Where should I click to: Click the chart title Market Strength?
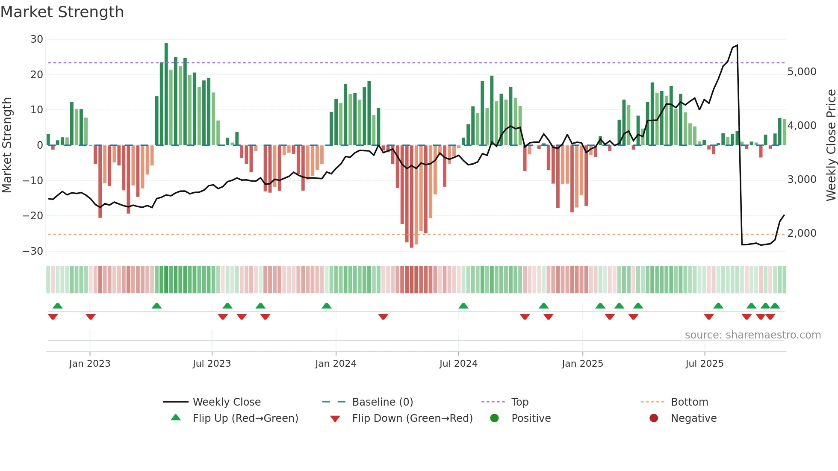(x=62, y=12)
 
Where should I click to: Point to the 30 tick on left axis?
(x=37, y=39)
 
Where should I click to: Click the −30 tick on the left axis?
(x=33, y=251)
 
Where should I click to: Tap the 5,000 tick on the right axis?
(x=802, y=72)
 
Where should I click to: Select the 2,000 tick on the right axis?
(x=802, y=233)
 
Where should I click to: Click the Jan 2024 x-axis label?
(x=336, y=364)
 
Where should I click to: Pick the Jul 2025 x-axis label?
(x=704, y=364)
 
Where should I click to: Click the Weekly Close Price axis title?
(x=831, y=145)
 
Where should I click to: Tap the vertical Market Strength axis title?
(x=7, y=145)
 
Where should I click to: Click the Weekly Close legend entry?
(x=226, y=402)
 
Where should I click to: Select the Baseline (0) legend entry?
(x=382, y=402)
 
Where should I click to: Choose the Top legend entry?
(x=519, y=402)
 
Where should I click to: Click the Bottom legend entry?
(x=689, y=402)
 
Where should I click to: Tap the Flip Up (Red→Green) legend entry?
(x=245, y=418)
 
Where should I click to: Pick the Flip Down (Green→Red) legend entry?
(x=412, y=418)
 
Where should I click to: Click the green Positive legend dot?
(x=495, y=418)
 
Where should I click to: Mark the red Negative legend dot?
(x=654, y=418)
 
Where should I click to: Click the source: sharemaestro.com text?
(x=752, y=335)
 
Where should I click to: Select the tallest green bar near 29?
(x=166, y=94)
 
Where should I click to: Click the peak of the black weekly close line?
(x=737, y=45)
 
